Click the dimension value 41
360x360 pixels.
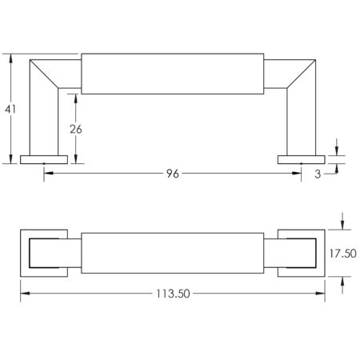[10, 109]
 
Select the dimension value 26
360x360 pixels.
[76, 129]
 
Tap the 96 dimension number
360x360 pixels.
[173, 174]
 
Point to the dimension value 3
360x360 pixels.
[318, 174]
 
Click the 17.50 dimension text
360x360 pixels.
[342, 254]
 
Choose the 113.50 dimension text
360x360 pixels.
[173, 294]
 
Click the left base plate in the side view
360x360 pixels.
[44, 159]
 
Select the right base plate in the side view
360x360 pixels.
[302, 159]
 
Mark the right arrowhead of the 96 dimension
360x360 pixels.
[297, 173]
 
